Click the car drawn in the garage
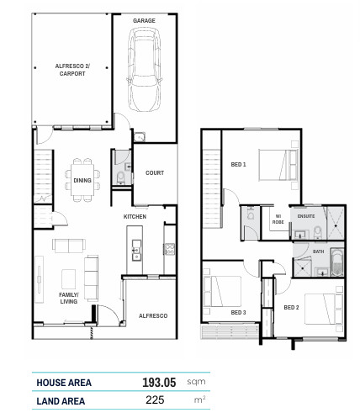[x=145, y=70]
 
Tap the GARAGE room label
[x=144, y=20]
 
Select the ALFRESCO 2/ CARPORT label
[x=72, y=70]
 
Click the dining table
[x=82, y=180]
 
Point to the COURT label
[x=155, y=173]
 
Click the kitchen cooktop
[x=169, y=249]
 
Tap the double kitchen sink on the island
[x=136, y=250]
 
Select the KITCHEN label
[x=135, y=216]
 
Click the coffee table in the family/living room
[x=68, y=279]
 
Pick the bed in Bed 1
[x=278, y=165]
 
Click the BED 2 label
[x=291, y=308]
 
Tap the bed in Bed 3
[x=223, y=291]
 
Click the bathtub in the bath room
[x=337, y=262]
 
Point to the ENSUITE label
[x=306, y=216]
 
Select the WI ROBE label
[x=278, y=219]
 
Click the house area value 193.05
[x=159, y=383]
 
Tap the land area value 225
[x=155, y=400]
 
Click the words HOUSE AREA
[x=64, y=383]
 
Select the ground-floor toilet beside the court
[x=121, y=177]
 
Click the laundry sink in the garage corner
[x=139, y=137]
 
